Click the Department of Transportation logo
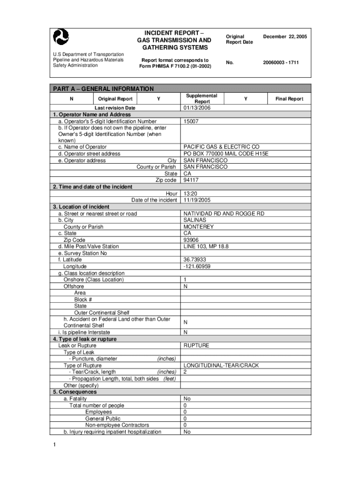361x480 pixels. click(x=61, y=37)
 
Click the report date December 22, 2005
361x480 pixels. click(x=285, y=37)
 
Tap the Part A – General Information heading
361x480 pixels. click(x=103, y=89)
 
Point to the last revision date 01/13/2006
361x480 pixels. click(x=197, y=108)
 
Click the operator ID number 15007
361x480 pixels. click(x=191, y=121)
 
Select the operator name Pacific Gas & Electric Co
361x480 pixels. click(x=221, y=147)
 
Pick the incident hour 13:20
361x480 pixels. click(x=190, y=194)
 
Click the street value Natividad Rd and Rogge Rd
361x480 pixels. click(x=224, y=214)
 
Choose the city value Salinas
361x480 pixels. click(x=194, y=220)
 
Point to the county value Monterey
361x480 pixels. click(x=198, y=227)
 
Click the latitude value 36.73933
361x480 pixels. click(x=195, y=260)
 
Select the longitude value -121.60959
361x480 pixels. click(x=197, y=266)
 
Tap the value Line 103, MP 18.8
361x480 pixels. click(x=206, y=247)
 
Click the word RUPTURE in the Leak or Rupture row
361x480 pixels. click(x=196, y=345)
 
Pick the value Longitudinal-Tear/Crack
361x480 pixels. click(x=221, y=365)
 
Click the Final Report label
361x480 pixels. click(x=289, y=99)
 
